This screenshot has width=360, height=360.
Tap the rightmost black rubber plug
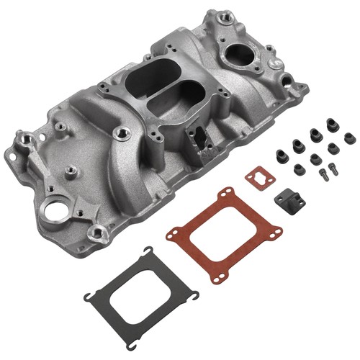(x=350, y=138)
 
